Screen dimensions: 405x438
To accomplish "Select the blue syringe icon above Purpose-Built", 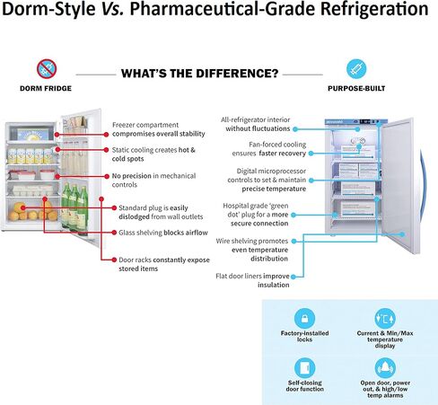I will tap(355, 68).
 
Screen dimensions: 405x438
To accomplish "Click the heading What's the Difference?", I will tap(198, 73).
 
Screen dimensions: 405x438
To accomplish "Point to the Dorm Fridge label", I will tap(48, 88).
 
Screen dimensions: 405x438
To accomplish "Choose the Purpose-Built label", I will tap(355, 88).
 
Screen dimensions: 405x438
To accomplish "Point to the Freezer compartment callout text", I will tap(156, 129).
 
